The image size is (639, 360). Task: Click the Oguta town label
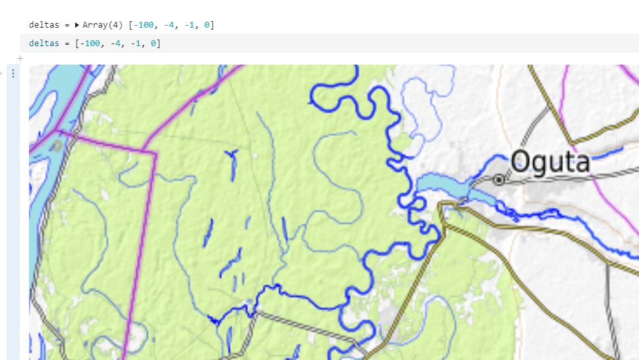550,162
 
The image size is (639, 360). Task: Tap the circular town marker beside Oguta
499,179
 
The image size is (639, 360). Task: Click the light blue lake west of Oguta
442,187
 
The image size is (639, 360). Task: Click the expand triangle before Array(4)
77,25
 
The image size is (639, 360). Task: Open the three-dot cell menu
13,73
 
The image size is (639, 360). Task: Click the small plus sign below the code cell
20,58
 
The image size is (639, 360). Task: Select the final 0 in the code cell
152,44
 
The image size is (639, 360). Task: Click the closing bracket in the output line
212,25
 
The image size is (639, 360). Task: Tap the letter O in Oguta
520,162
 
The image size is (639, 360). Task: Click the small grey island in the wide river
58,145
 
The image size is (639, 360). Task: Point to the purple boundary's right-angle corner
155,154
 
